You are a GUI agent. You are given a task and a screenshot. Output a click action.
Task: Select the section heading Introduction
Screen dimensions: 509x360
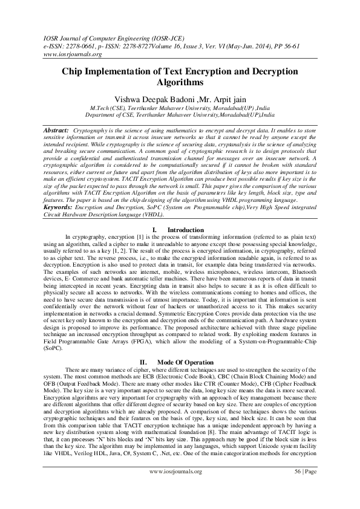(x=186, y=229)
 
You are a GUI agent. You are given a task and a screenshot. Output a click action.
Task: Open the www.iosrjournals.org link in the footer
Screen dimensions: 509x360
(x=180, y=487)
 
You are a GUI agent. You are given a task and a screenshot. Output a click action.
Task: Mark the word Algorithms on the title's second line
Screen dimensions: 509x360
(x=180, y=83)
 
